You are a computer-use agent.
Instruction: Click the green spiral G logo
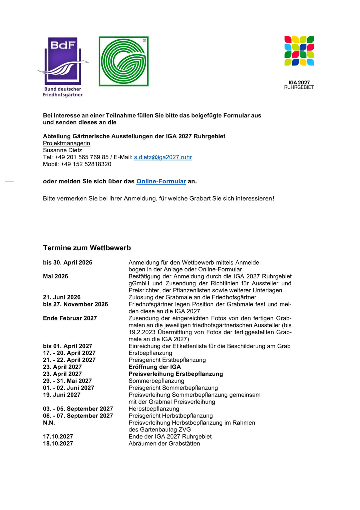coord(123,61)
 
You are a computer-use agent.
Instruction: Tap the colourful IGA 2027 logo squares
coord(299,51)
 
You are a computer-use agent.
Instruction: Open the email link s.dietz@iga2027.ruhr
coord(163,157)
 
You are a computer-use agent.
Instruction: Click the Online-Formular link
coord(161,181)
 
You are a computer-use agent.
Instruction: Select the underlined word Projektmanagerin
coord(66,143)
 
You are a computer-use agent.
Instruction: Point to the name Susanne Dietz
coord(62,150)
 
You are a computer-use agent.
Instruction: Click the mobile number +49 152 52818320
coord(86,164)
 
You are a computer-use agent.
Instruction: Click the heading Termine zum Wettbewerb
coord(87,248)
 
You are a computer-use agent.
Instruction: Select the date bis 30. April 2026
coord(67,263)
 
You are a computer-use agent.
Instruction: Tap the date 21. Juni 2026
coord(62,297)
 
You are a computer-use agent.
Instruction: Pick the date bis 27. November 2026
coord(75,304)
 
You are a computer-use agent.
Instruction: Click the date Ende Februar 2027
coord(70,318)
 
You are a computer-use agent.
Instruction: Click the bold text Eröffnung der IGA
coord(154,367)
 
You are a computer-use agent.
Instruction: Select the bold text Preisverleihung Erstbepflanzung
coord(175,374)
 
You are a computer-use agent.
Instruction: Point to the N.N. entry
coord(49,423)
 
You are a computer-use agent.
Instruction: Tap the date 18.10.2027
coord(58,444)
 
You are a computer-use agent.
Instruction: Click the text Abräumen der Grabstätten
coord(164,444)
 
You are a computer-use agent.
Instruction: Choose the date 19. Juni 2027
coord(62,395)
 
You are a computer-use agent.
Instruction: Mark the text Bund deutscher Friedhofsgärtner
coord(62,92)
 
